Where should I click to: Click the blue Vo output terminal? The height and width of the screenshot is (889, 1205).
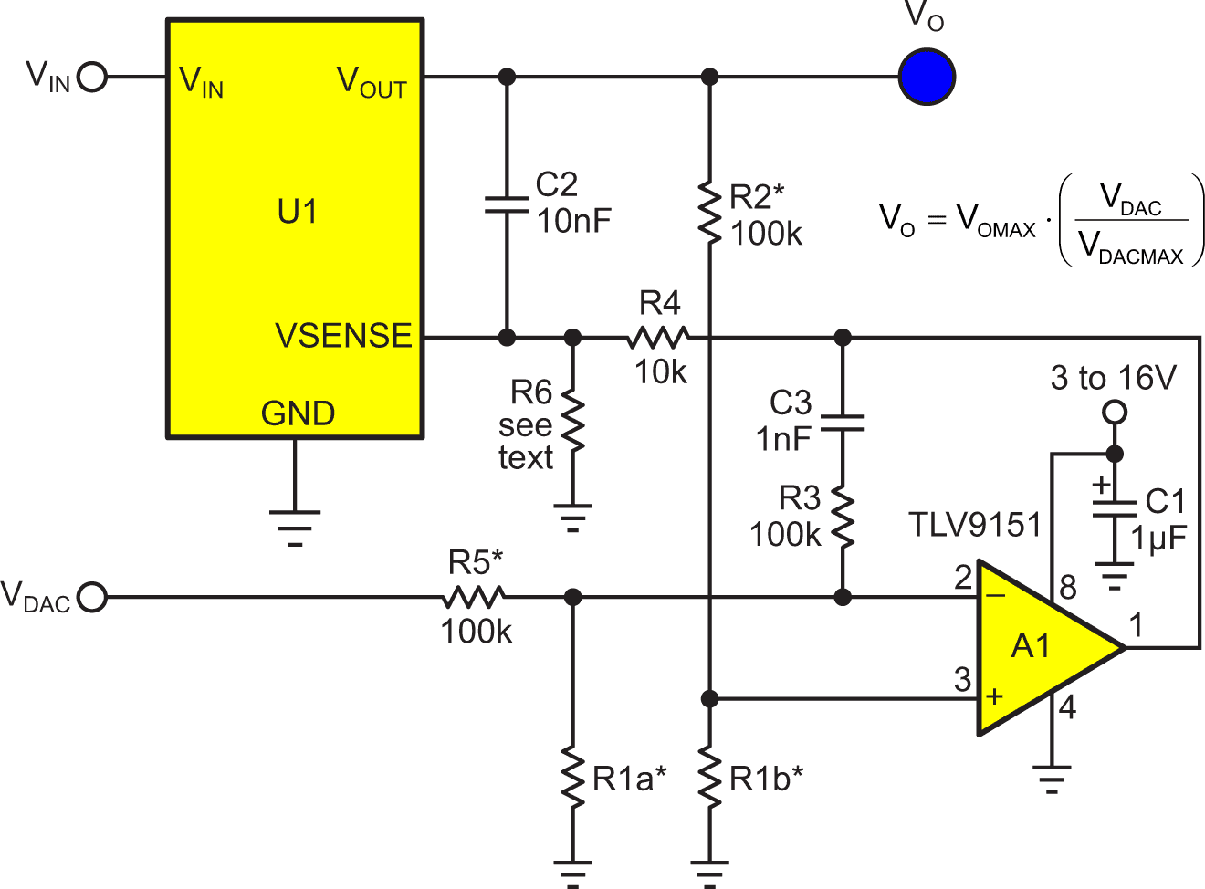pyautogui.click(x=927, y=77)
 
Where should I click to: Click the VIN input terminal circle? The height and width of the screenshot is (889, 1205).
pyautogui.click(x=92, y=77)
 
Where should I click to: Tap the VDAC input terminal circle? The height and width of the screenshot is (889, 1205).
pyautogui.click(x=92, y=598)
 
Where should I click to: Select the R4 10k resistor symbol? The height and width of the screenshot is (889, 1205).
pyautogui.click(x=657, y=338)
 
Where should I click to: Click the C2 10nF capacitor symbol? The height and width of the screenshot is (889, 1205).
pyautogui.click(x=507, y=204)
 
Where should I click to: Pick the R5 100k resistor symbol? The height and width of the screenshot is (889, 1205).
pyautogui.click(x=473, y=598)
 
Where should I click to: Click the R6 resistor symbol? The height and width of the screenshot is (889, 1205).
pyautogui.click(x=572, y=421)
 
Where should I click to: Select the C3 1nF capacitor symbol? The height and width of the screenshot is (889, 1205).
pyautogui.click(x=843, y=424)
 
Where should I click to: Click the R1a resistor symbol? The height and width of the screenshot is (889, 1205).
pyautogui.click(x=572, y=778)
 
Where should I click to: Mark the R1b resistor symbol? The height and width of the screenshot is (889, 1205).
pyautogui.click(x=709, y=778)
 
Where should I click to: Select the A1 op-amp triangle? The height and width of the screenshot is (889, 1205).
pyautogui.click(x=1036, y=647)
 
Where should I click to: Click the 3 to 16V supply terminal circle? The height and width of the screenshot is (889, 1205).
pyautogui.click(x=1114, y=413)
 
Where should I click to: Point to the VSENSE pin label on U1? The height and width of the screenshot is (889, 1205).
pyautogui.click(x=343, y=336)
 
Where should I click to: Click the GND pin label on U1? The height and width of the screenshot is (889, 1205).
pyautogui.click(x=298, y=413)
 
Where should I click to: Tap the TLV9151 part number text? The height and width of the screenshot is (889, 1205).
pyautogui.click(x=975, y=525)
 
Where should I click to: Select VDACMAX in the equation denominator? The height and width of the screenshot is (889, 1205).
pyautogui.click(x=1131, y=248)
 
